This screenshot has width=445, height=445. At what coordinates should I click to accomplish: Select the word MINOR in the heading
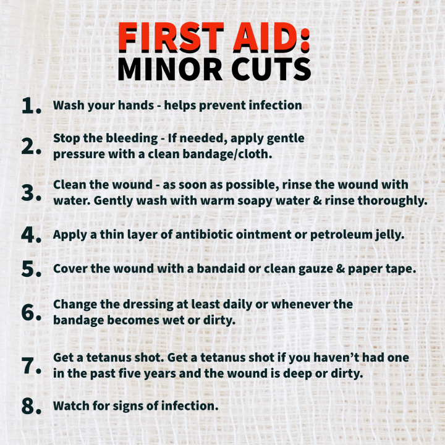pos(170,69)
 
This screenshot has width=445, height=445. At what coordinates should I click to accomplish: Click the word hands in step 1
pos(135,105)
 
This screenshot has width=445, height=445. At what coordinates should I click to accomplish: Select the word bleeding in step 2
pos(132,139)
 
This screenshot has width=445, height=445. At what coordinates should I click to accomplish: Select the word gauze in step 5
pos(316,269)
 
